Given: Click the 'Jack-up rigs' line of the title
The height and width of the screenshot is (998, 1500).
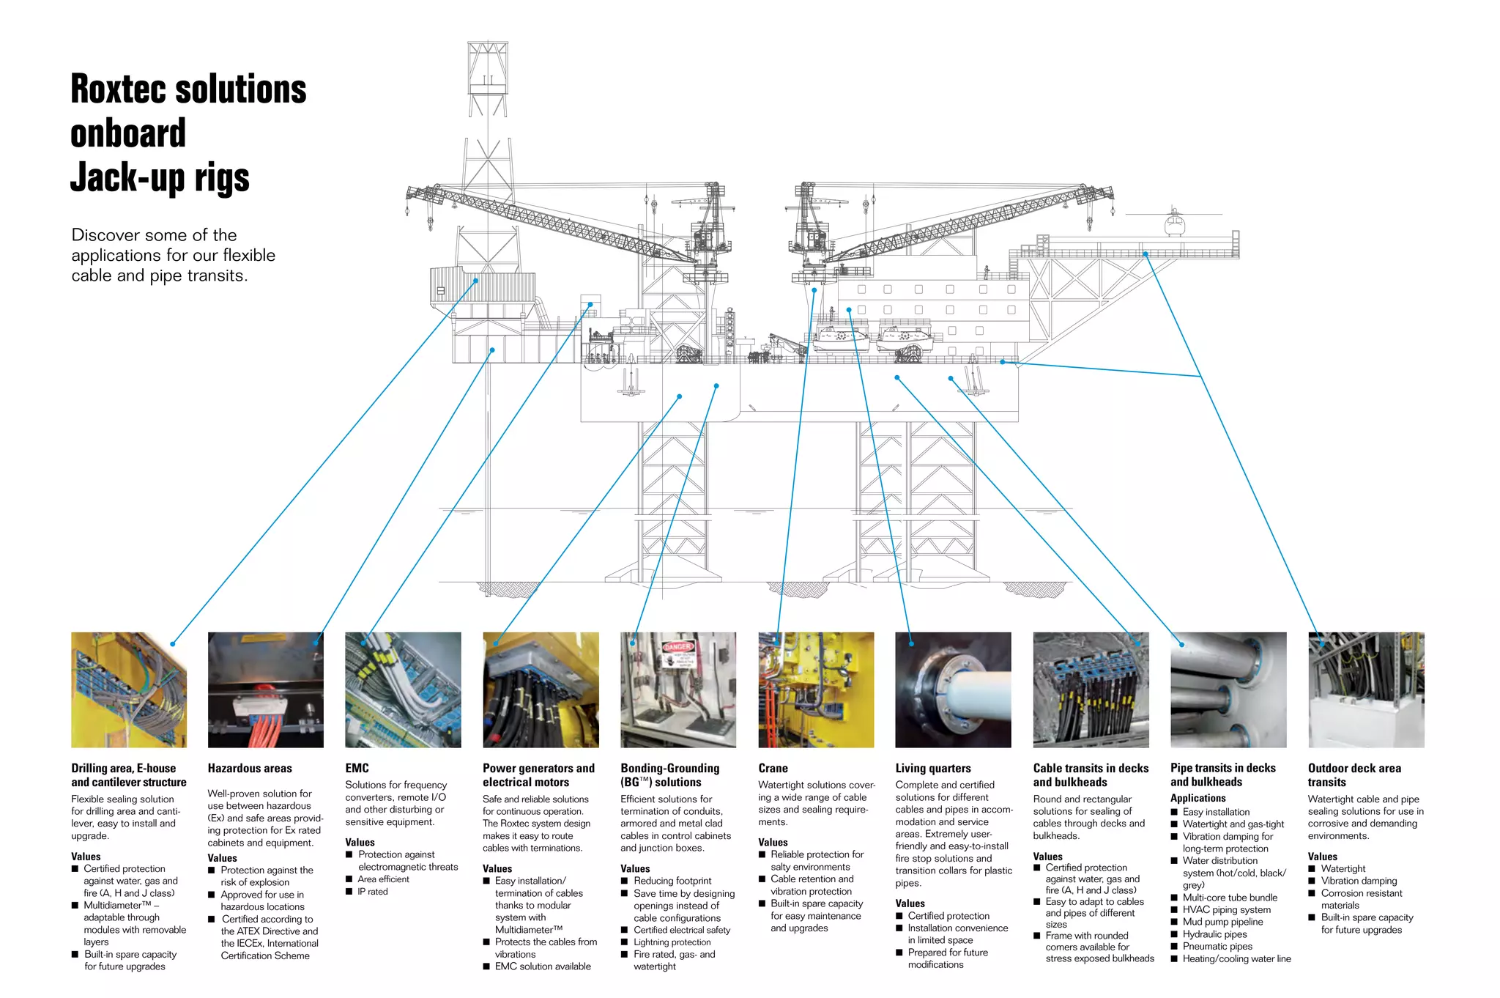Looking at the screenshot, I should coord(160,178).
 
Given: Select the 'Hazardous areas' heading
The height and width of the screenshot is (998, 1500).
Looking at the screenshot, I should coord(250,768).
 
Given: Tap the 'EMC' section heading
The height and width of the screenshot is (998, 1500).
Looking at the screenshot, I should coord(357,768).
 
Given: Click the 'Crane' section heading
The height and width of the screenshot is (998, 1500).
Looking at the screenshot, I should coord(773,768).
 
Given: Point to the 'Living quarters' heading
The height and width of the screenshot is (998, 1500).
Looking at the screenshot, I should coord(932,768).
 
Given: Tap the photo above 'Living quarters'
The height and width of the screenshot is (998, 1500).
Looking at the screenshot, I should coord(953,690).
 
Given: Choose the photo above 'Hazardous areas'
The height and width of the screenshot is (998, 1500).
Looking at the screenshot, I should coord(266,690).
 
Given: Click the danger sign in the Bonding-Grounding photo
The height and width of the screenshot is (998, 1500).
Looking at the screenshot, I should coord(677,654).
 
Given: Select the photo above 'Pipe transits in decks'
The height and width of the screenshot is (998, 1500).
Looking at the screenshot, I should coord(1228,690).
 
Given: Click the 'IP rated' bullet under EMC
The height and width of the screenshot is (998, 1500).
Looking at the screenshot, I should coord(373,892).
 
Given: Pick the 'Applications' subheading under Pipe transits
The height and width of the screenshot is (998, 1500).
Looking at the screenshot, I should coord(1198,798).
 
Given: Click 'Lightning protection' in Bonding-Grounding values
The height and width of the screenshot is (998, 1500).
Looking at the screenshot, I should coord(672,942).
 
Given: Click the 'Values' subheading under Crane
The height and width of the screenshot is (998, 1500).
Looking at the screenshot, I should coord(773,843).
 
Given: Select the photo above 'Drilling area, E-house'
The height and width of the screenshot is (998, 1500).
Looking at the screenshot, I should coord(129,690).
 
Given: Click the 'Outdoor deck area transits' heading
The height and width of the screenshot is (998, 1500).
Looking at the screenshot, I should coord(1354,775).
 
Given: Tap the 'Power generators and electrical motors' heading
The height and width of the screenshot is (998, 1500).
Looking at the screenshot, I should coord(538,775).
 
